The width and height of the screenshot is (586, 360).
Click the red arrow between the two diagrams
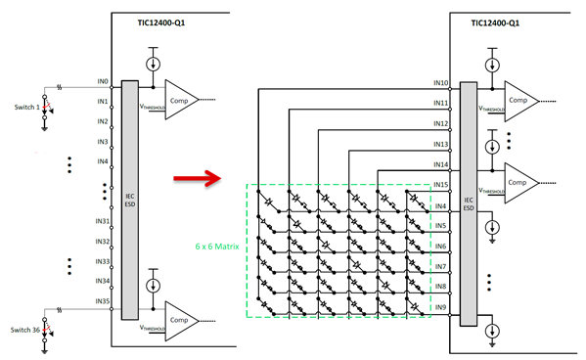click(195, 178)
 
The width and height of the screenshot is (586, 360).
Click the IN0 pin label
click(103, 83)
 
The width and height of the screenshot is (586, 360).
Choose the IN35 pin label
click(101, 302)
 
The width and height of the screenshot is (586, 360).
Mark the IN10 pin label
click(439, 82)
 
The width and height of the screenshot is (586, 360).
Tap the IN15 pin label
click(439, 185)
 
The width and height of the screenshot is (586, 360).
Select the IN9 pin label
click(441, 308)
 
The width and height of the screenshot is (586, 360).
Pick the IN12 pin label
click(439, 123)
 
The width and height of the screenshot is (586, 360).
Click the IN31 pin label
click(101, 220)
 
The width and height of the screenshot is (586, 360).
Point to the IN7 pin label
click(441, 267)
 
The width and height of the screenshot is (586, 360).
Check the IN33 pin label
click(101, 261)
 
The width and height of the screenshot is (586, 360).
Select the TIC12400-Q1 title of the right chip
click(495, 22)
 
